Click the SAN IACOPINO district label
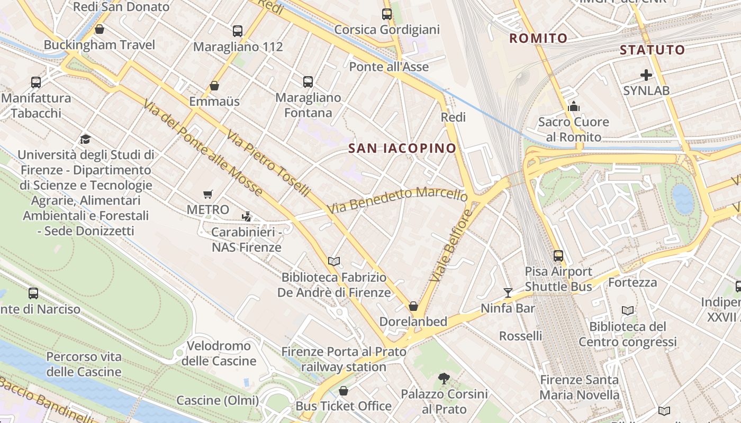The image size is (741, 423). [402, 149]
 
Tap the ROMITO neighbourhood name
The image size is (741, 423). [538, 38]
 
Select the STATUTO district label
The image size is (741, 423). [652, 50]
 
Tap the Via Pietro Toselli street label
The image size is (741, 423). [268, 164]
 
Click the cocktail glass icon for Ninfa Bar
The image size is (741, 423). [508, 292]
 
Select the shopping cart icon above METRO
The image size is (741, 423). [208, 195]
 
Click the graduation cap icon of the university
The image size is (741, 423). [85, 139]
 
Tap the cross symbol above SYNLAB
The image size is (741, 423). [646, 75]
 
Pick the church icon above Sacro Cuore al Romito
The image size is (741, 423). [574, 107]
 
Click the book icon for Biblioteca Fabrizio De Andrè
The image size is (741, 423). [333, 261]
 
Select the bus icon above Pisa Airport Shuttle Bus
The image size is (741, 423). [558, 256]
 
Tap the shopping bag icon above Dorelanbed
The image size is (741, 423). [413, 306]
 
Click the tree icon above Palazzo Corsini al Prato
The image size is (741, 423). [444, 378]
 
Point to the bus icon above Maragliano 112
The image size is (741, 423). [238, 31]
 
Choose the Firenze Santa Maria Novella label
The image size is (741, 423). [579, 387]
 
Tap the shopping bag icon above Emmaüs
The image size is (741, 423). [214, 86]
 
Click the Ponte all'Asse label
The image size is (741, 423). [389, 67]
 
